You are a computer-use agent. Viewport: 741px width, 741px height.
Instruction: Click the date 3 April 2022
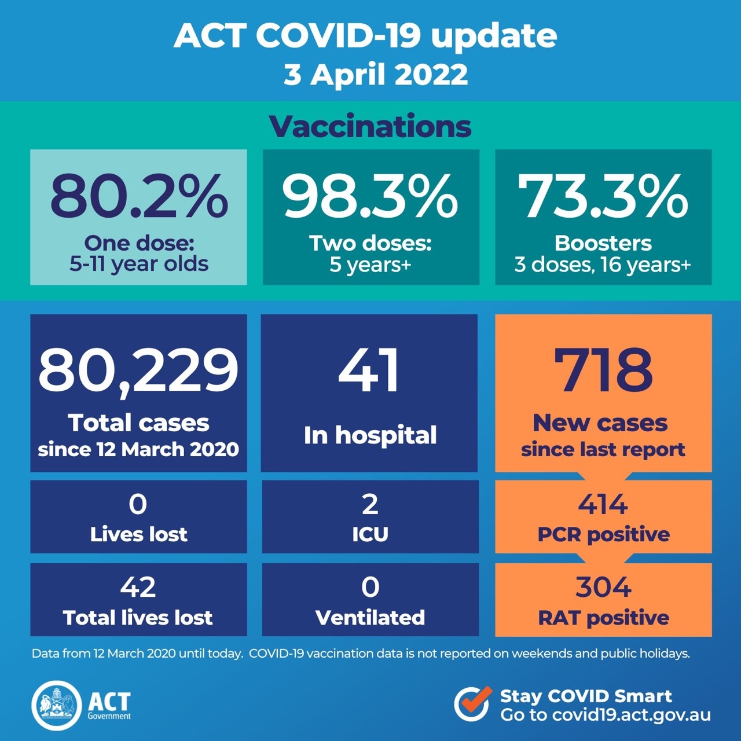[x=375, y=75]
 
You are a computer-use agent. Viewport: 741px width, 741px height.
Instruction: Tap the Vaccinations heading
[x=370, y=127]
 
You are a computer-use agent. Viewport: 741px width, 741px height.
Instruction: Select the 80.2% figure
[x=139, y=196]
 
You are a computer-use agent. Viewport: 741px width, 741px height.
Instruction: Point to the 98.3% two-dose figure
[x=370, y=196]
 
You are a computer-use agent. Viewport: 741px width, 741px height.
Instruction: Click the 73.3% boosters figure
[x=603, y=196]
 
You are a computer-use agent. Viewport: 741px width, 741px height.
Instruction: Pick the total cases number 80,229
[x=138, y=369]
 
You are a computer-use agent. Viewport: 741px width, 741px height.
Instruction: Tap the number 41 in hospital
[x=369, y=370]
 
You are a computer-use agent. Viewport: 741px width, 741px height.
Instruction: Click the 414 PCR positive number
[x=603, y=504]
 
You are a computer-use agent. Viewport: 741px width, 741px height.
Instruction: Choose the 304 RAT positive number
[x=603, y=587]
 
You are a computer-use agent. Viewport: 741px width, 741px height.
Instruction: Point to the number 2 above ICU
[x=370, y=504]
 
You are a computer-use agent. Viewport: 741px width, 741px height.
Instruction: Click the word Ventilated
[x=370, y=618]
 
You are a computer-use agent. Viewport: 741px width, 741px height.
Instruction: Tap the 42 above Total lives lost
[x=138, y=587]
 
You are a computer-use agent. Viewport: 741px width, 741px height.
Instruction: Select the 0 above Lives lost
[x=138, y=504]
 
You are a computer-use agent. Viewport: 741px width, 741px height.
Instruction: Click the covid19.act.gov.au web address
[x=631, y=715]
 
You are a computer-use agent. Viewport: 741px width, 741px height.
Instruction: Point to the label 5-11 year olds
[x=139, y=264]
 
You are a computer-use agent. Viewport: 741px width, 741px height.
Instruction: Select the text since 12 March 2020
[x=138, y=449]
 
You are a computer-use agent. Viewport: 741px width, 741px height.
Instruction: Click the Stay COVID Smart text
[x=586, y=696]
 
